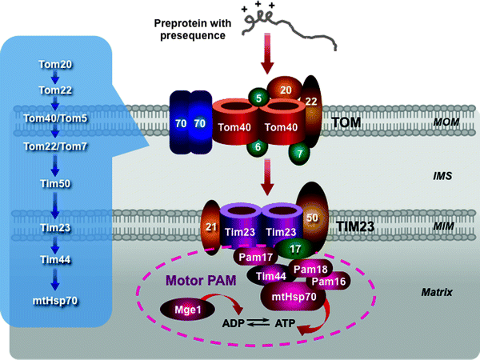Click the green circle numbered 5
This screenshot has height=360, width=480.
coord(258,98)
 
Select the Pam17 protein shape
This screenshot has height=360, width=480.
coord(253,258)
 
